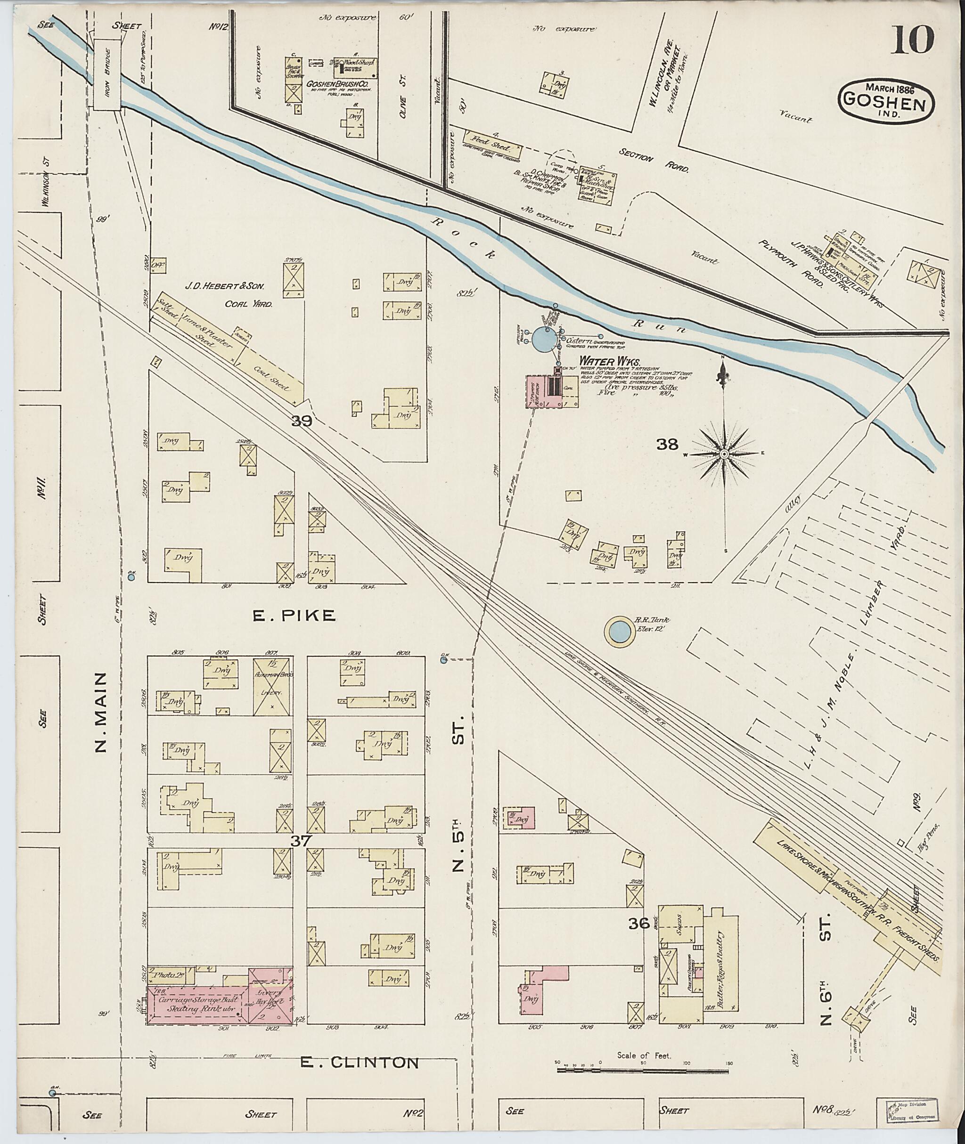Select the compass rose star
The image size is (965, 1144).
pyautogui.click(x=724, y=454)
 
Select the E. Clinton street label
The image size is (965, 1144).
pyautogui.click(x=360, y=1063)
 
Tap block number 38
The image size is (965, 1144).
pyautogui.click(x=667, y=445)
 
